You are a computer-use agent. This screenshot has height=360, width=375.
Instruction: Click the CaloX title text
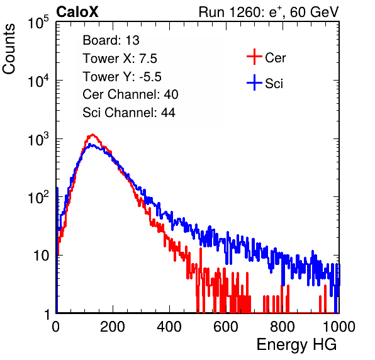point(77,12)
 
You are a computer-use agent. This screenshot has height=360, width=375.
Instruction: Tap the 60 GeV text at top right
point(314,12)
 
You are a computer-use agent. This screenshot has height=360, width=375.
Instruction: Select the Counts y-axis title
point(9,49)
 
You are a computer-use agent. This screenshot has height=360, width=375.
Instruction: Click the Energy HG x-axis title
point(296,345)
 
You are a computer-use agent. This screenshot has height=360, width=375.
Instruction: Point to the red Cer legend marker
point(254,57)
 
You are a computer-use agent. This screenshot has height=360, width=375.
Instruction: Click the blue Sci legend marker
point(254,82)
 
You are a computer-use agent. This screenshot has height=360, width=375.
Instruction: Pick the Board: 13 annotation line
point(111,40)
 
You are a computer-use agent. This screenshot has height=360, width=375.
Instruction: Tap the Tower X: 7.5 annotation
point(120,59)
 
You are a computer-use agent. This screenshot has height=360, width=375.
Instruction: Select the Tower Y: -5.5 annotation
point(122,77)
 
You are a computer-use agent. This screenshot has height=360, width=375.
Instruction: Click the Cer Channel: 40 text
point(130,94)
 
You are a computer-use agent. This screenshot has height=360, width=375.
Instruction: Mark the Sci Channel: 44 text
point(129,113)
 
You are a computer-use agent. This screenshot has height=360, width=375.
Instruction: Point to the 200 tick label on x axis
point(113,327)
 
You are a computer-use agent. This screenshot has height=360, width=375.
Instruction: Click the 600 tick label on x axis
point(226,327)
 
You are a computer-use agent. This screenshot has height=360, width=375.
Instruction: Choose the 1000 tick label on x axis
point(339,327)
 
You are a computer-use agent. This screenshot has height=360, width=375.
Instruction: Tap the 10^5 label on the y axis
point(38,23)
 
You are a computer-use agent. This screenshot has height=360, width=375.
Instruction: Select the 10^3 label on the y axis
point(38,139)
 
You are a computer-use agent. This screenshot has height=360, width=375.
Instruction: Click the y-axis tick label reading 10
point(41,256)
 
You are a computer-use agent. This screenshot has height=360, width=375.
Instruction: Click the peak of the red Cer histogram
point(92,135)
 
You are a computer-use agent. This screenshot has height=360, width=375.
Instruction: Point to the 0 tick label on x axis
point(56,327)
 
